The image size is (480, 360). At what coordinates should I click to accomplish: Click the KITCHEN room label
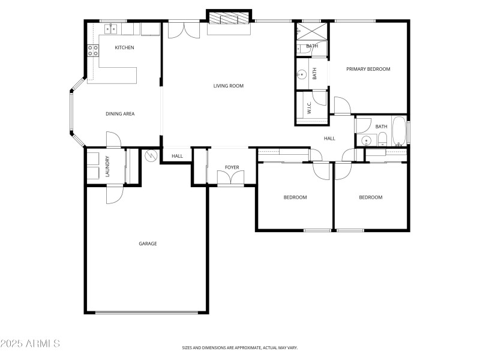(124, 47)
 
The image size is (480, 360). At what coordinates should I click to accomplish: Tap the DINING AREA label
(120, 114)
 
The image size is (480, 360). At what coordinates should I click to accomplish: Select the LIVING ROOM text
(229, 86)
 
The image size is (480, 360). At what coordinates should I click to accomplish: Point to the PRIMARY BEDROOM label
(368, 69)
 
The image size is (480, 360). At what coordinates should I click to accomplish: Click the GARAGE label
(148, 244)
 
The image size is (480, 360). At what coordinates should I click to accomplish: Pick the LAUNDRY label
(107, 166)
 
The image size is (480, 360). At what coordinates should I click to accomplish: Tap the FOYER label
(232, 167)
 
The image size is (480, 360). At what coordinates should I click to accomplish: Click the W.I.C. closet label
(309, 108)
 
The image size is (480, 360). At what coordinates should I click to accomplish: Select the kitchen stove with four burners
(93, 51)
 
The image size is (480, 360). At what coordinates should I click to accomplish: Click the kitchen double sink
(110, 29)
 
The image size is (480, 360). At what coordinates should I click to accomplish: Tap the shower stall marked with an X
(311, 31)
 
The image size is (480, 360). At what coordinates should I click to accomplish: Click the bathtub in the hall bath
(399, 131)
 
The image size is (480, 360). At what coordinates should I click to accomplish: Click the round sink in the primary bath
(302, 74)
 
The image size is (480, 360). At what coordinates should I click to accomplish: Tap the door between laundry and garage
(115, 194)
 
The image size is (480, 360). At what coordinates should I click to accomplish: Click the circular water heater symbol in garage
(151, 156)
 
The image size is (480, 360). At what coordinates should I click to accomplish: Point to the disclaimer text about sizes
(240, 348)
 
